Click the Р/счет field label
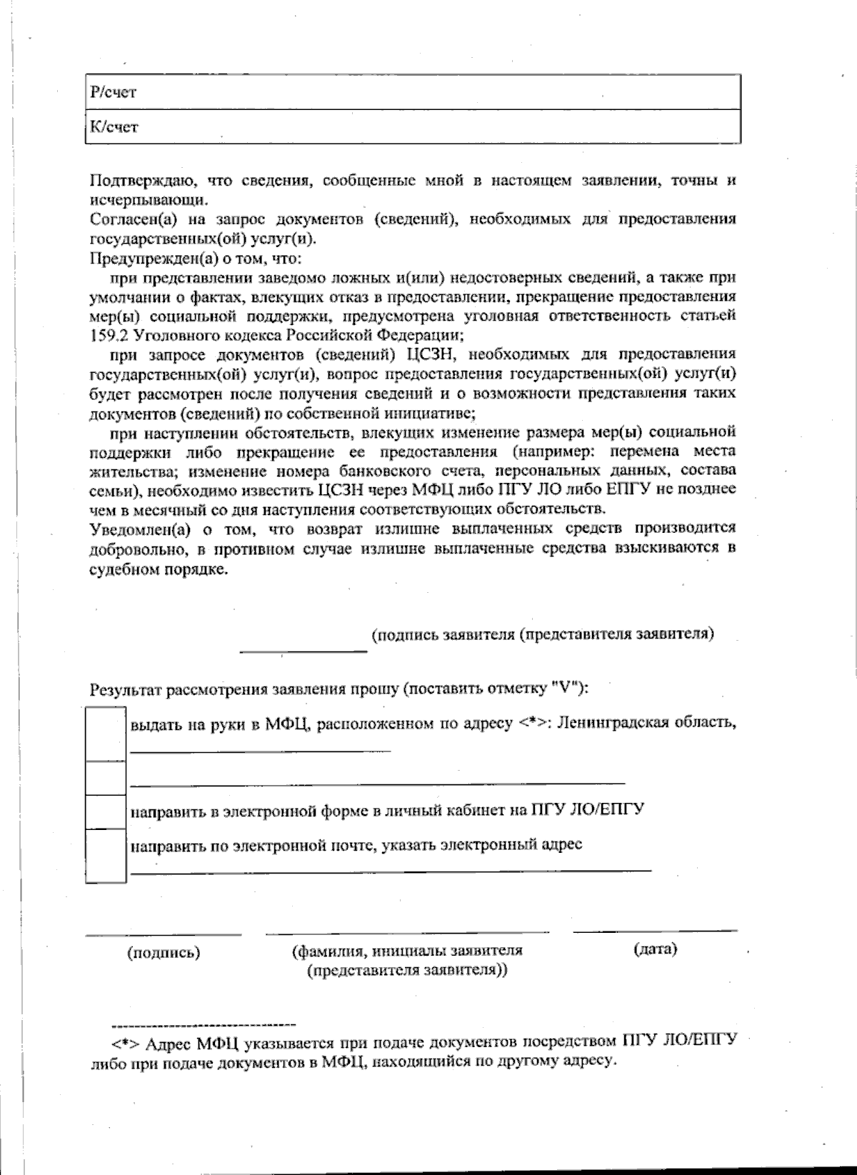click(113, 92)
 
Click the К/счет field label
click(113, 127)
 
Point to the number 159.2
click(109, 335)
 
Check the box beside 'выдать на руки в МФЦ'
click(106, 734)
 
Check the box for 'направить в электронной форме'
click(106, 811)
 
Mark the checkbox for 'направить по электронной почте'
click(106, 855)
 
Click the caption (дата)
click(655, 949)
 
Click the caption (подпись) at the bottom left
click(163, 953)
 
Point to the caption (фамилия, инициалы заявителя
click(407, 951)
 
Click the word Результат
click(126, 690)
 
